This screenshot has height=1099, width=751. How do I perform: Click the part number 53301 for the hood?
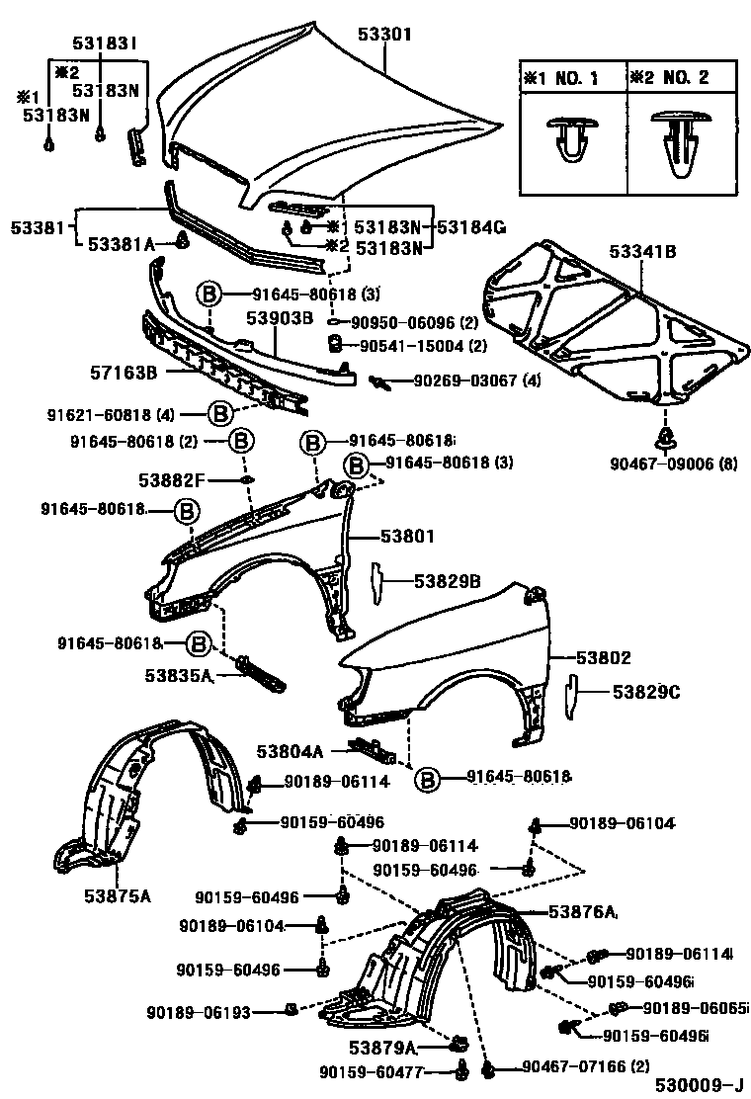[384, 35]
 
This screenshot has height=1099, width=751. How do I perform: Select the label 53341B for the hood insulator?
[643, 252]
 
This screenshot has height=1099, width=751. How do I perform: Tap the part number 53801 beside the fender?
[408, 537]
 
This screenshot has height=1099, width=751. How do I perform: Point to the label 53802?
[597, 657]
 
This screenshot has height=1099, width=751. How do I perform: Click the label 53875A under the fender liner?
[117, 896]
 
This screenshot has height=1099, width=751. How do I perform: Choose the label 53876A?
[583, 911]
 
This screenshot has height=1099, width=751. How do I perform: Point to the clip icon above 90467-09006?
[666, 438]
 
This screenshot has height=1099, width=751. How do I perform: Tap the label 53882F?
[171, 480]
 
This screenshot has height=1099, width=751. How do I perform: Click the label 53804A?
[292, 751]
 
